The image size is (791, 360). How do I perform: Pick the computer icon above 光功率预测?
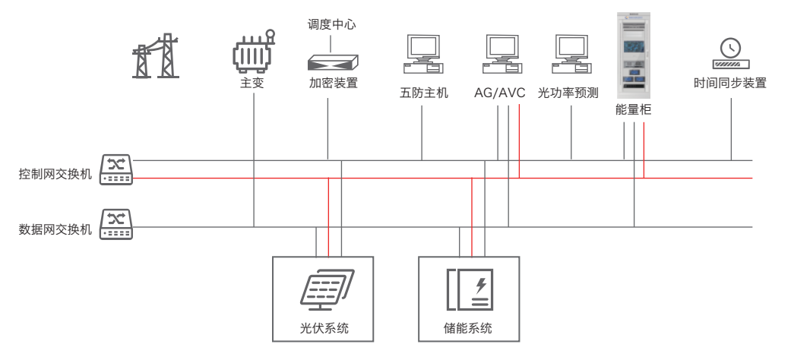[x=572, y=55]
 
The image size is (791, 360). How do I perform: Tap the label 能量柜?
[x=634, y=111]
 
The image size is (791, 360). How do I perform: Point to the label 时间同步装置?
[x=730, y=83]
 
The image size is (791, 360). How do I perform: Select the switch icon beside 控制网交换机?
[x=115, y=169]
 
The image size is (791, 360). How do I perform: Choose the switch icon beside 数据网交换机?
[x=115, y=225]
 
